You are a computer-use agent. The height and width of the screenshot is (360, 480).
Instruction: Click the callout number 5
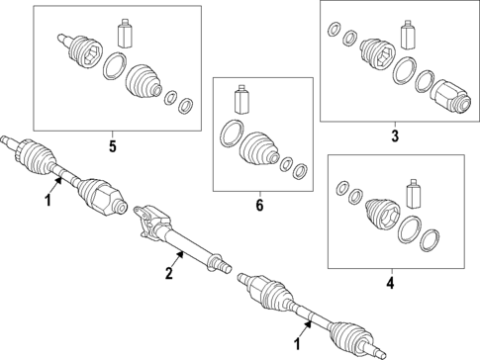click(113, 146)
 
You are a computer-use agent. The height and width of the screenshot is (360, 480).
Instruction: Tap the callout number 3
click(395, 135)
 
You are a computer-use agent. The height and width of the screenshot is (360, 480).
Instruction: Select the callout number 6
click(259, 206)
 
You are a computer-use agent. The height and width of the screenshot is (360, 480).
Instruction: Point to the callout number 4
click(390, 283)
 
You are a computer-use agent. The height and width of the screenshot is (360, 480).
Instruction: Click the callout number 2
click(169, 273)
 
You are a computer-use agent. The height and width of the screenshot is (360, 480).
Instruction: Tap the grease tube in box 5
click(126, 33)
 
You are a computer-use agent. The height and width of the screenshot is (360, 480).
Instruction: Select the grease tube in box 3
click(408, 36)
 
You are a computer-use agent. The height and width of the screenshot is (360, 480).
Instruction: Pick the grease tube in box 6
click(241, 99)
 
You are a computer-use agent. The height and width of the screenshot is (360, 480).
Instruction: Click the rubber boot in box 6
click(260, 149)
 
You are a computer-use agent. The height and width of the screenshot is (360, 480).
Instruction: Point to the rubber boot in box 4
click(382, 215)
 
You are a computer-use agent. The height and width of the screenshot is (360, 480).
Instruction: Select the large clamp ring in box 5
click(115, 66)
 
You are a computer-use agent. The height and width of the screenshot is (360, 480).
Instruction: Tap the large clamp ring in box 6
click(232, 134)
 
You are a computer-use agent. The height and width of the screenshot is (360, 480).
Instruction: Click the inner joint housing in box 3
click(450, 97)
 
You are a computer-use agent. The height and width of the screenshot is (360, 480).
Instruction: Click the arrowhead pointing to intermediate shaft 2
click(180, 255)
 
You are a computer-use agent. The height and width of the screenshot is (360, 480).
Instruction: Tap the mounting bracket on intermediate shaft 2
click(150, 220)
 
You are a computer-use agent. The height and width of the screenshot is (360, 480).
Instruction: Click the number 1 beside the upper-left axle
click(48, 200)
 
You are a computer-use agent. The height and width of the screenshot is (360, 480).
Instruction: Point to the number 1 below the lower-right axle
click(298, 344)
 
